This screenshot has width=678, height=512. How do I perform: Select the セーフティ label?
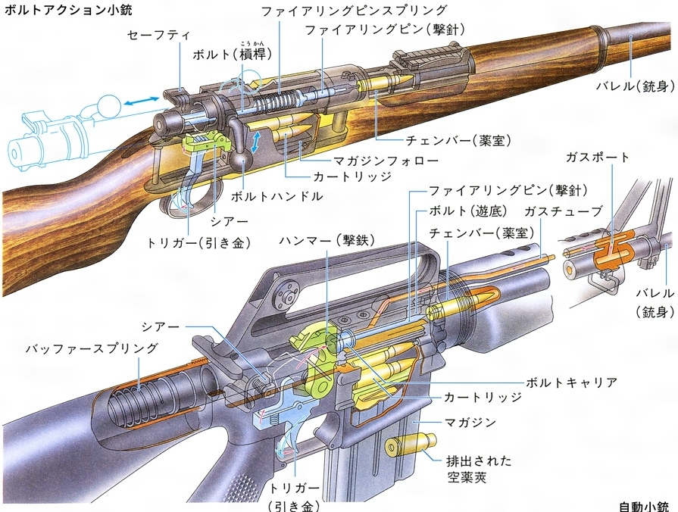point(158,36)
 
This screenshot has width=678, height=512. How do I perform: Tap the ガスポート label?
point(598,158)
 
